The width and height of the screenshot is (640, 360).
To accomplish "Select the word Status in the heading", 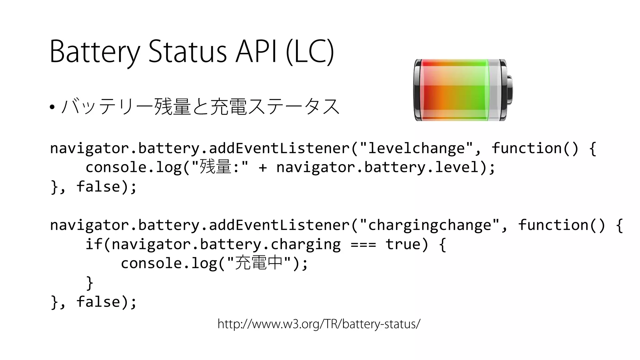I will click(x=187, y=52).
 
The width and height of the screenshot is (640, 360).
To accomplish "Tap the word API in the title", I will click(x=256, y=52).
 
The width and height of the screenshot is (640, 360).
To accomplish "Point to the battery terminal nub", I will click(x=509, y=90).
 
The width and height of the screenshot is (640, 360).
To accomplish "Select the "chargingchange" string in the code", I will click(x=429, y=225).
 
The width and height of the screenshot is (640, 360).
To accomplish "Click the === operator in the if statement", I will click(x=363, y=244).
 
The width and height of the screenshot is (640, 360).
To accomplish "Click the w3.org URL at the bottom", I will click(x=319, y=324).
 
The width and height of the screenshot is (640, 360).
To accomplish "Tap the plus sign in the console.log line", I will click(x=262, y=167).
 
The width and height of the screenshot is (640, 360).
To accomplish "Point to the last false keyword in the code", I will click(x=98, y=302).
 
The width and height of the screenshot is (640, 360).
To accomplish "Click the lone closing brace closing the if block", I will click(x=90, y=282).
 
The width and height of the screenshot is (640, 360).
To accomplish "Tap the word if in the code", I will click(x=94, y=244).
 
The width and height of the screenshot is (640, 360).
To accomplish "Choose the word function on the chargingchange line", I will click(x=553, y=225).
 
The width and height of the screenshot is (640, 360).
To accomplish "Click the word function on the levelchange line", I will click(x=527, y=148).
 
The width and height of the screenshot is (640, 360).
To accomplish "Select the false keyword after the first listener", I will click(x=98, y=187).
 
